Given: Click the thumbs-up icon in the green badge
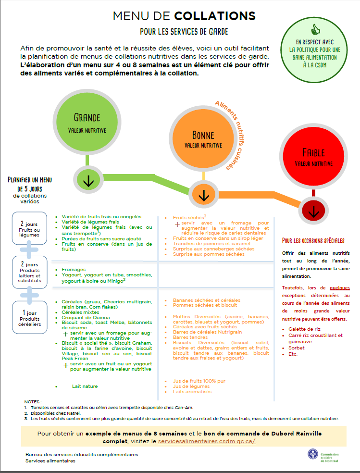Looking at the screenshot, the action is [315, 30].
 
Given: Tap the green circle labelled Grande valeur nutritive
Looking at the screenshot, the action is [87, 122].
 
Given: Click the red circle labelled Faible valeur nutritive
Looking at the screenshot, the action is [313, 157].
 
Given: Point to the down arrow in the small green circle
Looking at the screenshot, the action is [88, 180].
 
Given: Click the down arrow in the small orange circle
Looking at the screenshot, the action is [204, 195].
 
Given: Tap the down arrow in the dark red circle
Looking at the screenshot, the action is [313, 211].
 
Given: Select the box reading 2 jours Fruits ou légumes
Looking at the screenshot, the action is [29, 228].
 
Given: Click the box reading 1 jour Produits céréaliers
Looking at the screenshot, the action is [29, 317].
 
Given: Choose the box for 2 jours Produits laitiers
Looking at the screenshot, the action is [29, 273].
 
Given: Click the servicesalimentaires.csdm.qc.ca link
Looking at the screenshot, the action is [207, 441].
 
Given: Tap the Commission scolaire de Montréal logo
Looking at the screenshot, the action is [323, 457].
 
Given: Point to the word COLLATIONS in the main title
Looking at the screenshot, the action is [215, 16].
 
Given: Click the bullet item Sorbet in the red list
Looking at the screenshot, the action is [297, 348].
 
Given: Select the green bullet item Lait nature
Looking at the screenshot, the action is [85, 386].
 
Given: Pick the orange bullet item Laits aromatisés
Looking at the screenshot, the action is [192, 392].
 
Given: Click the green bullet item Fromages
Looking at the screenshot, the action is [74, 269].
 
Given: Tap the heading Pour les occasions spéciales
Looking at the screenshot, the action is [313, 240].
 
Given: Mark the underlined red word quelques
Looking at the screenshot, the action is [339, 288].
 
